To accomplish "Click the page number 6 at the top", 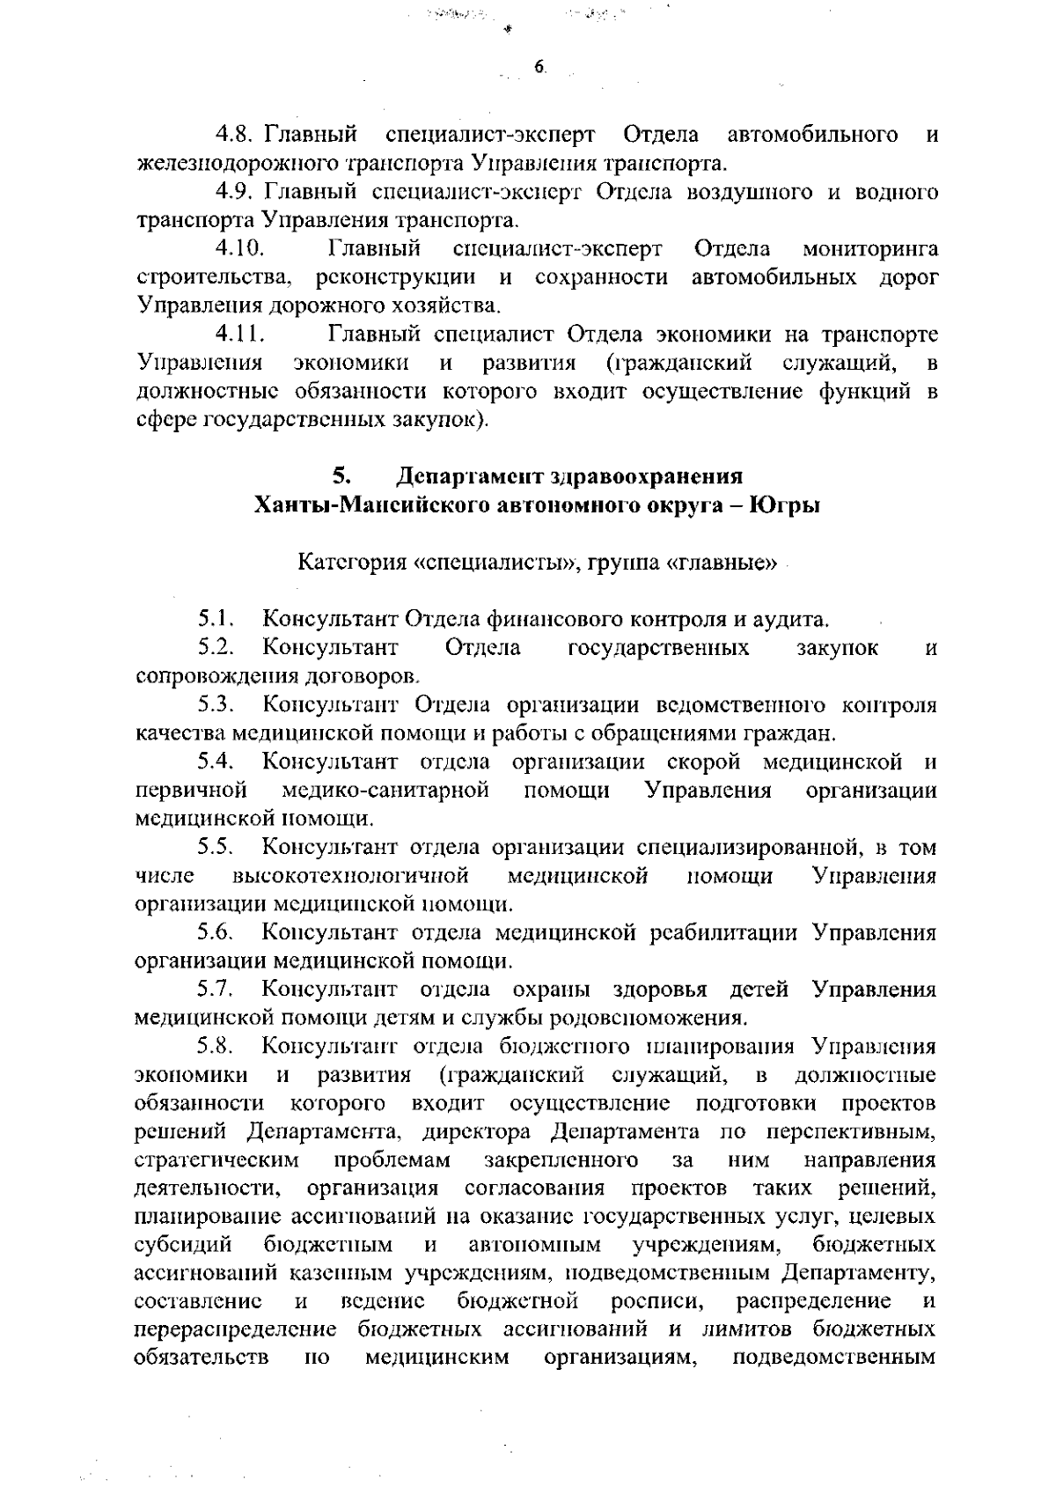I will pyautogui.click(x=539, y=67).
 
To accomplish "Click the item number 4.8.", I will pyautogui.click(x=235, y=135).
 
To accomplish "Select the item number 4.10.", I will pyautogui.click(x=240, y=249).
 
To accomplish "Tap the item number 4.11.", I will pyautogui.click(x=240, y=335).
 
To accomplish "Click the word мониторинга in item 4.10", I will pyautogui.click(x=870, y=249).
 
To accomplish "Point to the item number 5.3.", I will pyautogui.click(x=215, y=704).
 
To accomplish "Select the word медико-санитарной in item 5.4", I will pyautogui.click(x=385, y=790).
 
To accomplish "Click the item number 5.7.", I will pyautogui.click(x=215, y=990).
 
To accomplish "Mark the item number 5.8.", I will pyautogui.click(x=215, y=1047).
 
